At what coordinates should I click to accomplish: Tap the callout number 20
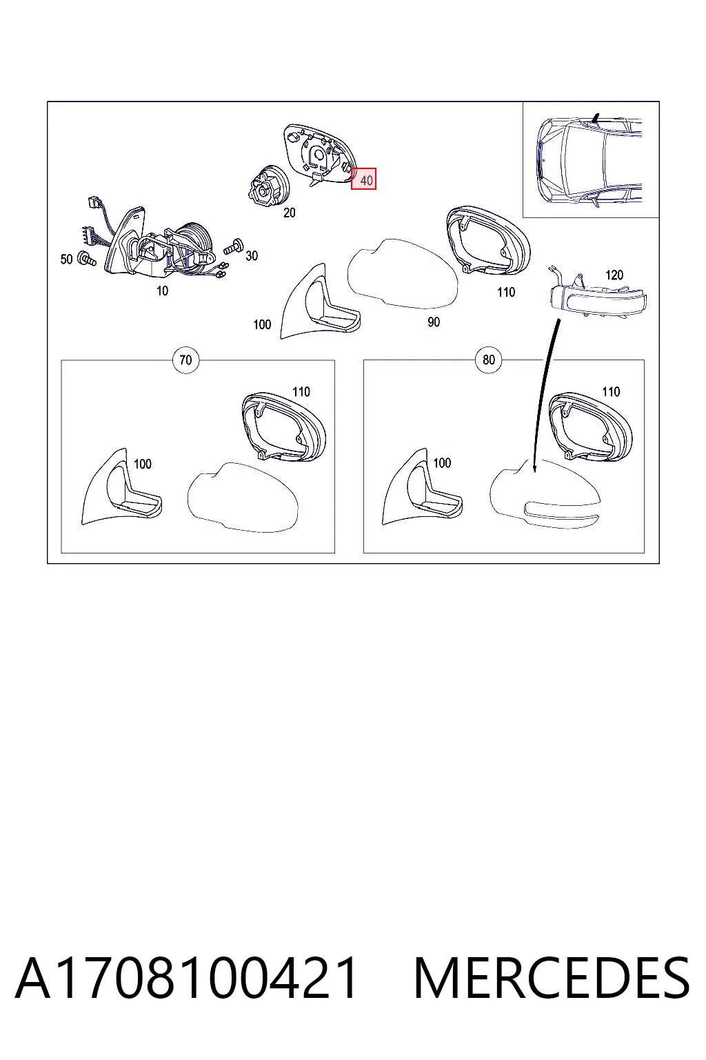[290, 213]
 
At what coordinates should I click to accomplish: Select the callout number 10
[162, 291]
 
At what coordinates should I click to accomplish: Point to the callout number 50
[67, 259]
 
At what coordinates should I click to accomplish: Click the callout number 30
[252, 255]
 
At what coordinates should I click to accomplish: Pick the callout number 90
[434, 322]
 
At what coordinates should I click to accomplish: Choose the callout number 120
[614, 275]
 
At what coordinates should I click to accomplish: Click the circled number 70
[186, 360]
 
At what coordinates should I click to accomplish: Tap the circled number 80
[489, 360]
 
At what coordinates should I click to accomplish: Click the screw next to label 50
[87, 258]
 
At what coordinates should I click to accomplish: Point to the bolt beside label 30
[234, 247]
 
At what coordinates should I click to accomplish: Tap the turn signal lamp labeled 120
[597, 297]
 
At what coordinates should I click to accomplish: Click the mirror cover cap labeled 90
[403, 273]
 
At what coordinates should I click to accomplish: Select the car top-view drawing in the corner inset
[590, 159]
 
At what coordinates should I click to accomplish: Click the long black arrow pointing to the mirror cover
[545, 395]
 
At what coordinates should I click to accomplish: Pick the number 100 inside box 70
[142, 464]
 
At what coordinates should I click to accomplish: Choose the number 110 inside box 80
[611, 391]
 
